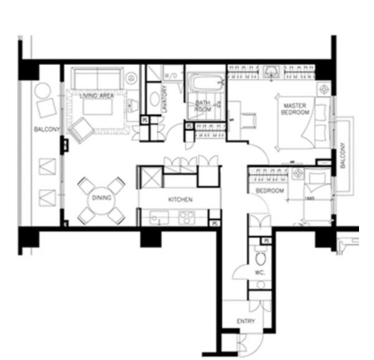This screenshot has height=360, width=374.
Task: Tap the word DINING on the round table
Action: pyautogui.click(x=101, y=198)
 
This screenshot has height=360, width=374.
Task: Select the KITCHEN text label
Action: pyautogui.click(x=180, y=200)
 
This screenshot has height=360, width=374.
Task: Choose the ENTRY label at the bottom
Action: pyautogui.click(x=246, y=321)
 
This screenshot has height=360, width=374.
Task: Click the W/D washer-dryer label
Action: pyautogui.click(x=170, y=75)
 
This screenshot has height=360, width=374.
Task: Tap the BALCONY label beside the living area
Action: pyautogui.click(x=46, y=129)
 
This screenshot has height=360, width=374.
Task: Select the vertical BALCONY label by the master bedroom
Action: pyautogui.click(x=342, y=155)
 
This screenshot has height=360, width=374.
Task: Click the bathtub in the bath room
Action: pyautogui.click(x=206, y=83)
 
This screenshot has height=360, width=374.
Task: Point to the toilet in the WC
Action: pyautogui.click(x=261, y=257)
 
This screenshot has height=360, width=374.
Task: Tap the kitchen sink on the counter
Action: pyautogui.click(x=158, y=218)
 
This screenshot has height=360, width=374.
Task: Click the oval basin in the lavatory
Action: pyautogui.click(x=153, y=99)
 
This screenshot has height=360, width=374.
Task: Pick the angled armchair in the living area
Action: pyautogui.click(x=82, y=132)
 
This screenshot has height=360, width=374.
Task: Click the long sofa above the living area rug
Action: pyautogui.click(x=96, y=79)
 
